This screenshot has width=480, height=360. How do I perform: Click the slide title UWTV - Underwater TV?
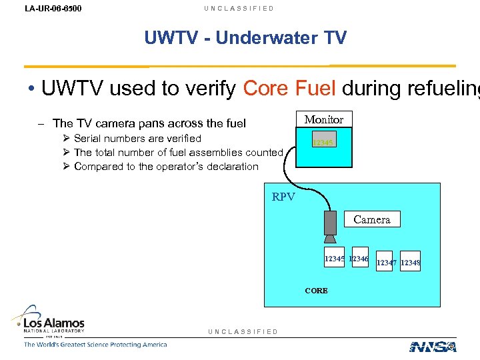click(x=245, y=38)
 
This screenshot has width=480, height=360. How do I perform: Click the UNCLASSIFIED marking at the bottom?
click(x=243, y=331)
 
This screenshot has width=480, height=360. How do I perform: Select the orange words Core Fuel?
click(x=285, y=88)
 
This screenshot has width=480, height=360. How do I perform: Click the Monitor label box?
click(x=323, y=120)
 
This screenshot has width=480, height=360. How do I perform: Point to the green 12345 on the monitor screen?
click(x=323, y=143)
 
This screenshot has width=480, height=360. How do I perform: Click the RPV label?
click(x=283, y=197)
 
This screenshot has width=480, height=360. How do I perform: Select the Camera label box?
click(x=371, y=219)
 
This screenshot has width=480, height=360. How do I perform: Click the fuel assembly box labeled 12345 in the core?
click(x=334, y=259)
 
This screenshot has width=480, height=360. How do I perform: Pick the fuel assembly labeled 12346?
click(x=359, y=259)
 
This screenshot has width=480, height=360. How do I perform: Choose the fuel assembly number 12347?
click(x=387, y=263)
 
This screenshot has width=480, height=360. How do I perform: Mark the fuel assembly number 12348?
click(x=411, y=263)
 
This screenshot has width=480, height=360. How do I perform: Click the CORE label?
click(x=316, y=291)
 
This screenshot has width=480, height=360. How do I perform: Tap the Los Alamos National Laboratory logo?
click(x=54, y=321)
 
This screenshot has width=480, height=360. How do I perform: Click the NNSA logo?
click(x=433, y=346)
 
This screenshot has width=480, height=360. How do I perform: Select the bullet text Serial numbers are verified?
click(x=137, y=139)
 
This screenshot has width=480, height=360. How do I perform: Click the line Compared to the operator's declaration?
click(x=165, y=167)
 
